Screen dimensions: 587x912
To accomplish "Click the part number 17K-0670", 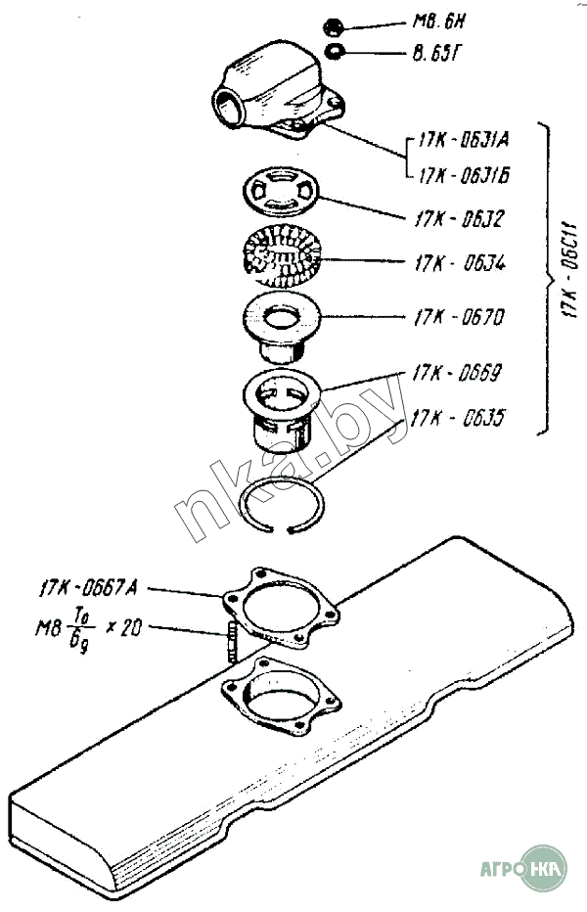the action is click(457, 318).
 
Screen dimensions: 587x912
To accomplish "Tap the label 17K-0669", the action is click(457, 373).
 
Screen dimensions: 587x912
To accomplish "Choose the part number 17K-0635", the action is click(458, 418).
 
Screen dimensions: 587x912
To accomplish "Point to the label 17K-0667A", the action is click(89, 587).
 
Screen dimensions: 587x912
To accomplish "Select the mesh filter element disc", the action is click(281, 254).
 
